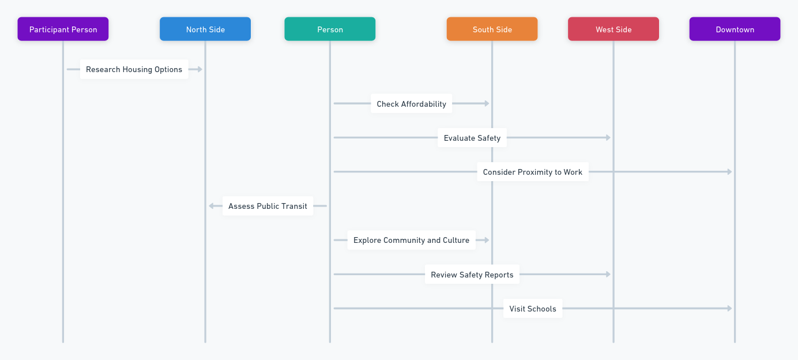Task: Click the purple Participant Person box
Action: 63,29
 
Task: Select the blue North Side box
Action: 205,29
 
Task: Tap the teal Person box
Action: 330,29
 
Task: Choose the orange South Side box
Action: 492,29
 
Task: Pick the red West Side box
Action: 613,29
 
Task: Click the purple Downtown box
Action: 735,29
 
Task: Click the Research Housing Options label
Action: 134,69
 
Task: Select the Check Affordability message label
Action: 412,103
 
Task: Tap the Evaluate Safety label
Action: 472,137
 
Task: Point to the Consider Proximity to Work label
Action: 533,172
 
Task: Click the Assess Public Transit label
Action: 268,205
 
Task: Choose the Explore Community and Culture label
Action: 412,240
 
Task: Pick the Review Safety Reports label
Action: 472,275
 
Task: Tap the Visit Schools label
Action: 533,308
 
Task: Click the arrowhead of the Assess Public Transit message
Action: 211,205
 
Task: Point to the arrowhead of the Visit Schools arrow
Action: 729,308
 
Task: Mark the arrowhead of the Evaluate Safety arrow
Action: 608,137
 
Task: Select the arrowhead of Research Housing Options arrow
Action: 200,69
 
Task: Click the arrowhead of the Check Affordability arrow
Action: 487,103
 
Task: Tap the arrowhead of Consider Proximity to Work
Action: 729,172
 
